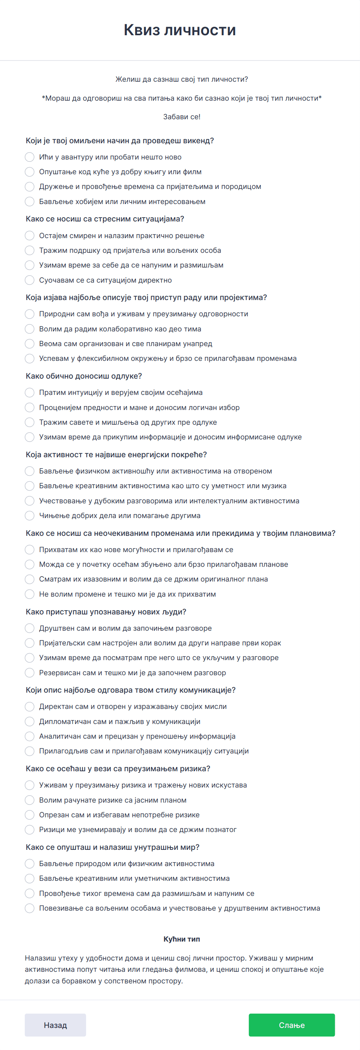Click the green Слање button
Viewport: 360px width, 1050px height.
(x=291, y=1025)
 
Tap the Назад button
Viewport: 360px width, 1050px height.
(x=55, y=1025)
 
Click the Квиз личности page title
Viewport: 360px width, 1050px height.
(x=180, y=30)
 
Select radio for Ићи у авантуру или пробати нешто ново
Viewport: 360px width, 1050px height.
(x=29, y=157)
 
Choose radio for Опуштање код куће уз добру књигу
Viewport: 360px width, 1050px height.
(x=29, y=172)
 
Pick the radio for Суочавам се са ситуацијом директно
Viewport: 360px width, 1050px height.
(x=29, y=280)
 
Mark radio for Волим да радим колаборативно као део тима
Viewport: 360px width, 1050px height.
(x=29, y=329)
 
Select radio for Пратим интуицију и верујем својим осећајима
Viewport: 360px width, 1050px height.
(x=29, y=393)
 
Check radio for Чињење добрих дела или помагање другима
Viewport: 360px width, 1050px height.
(x=29, y=516)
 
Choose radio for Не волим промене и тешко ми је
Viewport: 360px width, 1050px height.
(x=29, y=594)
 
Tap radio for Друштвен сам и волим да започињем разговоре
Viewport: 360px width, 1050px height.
(x=29, y=628)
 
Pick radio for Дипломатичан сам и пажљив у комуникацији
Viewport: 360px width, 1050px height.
(x=29, y=721)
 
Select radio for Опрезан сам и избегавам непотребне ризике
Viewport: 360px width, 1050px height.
(x=29, y=815)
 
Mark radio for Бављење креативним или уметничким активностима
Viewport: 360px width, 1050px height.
(x=29, y=878)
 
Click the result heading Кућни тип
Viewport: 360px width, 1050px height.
(x=182, y=939)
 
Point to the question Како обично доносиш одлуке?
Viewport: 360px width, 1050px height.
(x=84, y=376)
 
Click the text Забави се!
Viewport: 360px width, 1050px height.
(x=182, y=117)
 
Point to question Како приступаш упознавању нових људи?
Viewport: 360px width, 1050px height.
(x=106, y=612)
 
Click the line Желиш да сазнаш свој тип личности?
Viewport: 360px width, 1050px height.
(x=182, y=79)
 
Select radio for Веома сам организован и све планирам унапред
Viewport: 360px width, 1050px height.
(x=29, y=344)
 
